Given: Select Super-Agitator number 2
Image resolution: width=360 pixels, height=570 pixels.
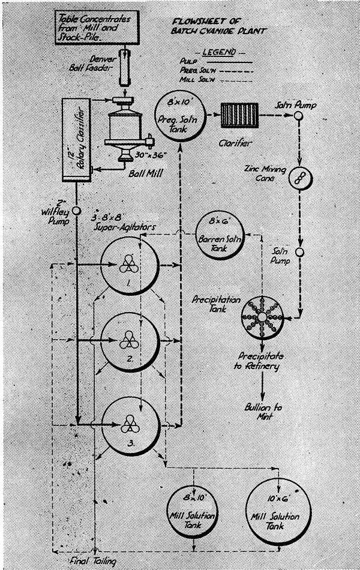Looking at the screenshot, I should pyautogui.click(x=130, y=343).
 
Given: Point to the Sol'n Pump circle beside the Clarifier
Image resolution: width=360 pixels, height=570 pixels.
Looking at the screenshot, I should pyautogui.click(x=298, y=117).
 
